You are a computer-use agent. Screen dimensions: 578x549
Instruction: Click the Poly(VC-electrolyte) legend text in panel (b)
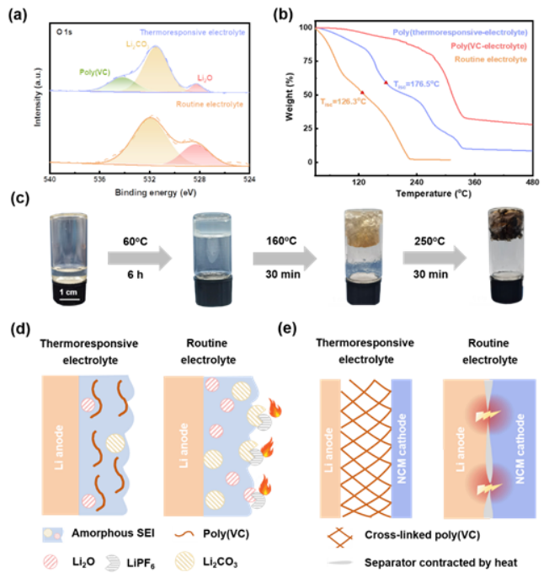(489, 45)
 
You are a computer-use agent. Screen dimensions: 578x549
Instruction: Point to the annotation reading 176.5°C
(417, 84)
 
